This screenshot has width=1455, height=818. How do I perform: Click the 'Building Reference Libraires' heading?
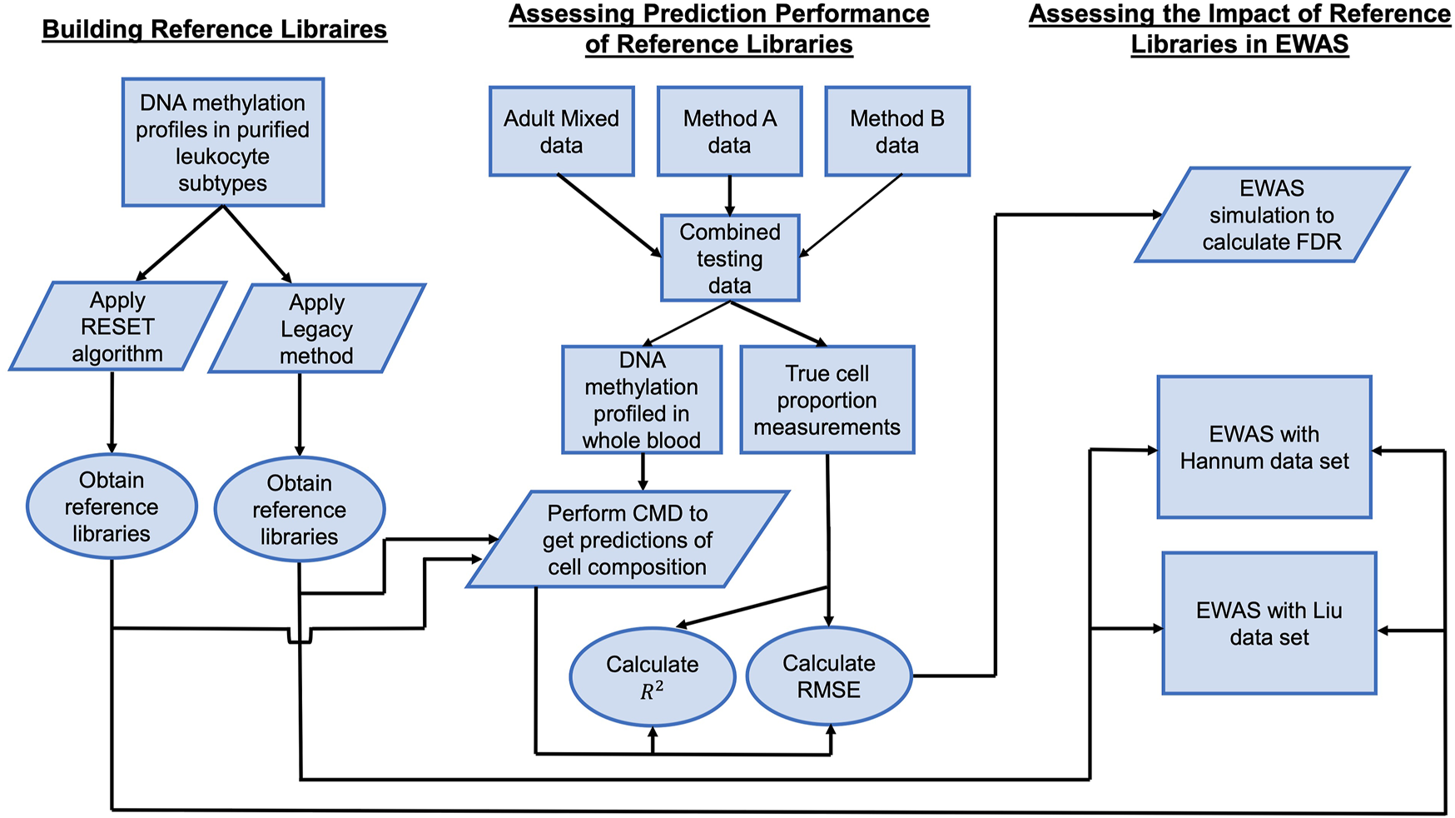(x=215, y=29)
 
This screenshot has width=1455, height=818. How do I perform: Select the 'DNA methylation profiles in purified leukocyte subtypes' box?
(x=223, y=142)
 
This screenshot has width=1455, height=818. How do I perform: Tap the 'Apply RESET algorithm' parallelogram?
(x=117, y=327)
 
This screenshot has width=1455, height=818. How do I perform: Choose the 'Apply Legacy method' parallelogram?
(x=316, y=329)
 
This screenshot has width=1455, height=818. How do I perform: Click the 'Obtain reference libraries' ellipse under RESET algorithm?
(x=112, y=506)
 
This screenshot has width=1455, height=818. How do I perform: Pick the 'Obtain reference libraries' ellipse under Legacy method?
(x=300, y=510)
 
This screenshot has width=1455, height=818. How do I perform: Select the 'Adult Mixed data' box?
(x=562, y=132)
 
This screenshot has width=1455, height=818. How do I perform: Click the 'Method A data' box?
(x=730, y=132)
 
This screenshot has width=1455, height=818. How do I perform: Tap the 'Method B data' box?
(x=897, y=132)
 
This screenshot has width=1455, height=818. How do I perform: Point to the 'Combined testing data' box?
(x=730, y=258)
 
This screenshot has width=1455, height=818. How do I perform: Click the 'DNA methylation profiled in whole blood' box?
(x=642, y=401)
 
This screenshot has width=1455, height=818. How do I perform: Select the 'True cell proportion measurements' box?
(x=827, y=401)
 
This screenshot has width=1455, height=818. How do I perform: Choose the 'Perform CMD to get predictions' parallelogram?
(x=628, y=540)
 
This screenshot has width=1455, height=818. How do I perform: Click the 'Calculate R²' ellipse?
(x=653, y=676)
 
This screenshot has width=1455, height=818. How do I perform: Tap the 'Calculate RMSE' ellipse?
(x=829, y=676)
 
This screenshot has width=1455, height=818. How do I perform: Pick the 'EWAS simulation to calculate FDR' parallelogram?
(x=1272, y=215)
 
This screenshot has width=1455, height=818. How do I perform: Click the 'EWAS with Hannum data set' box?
(x=1264, y=447)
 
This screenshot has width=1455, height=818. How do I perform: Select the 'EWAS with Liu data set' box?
(x=1269, y=623)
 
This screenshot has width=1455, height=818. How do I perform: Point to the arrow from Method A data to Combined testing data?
(x=730, y=196)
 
